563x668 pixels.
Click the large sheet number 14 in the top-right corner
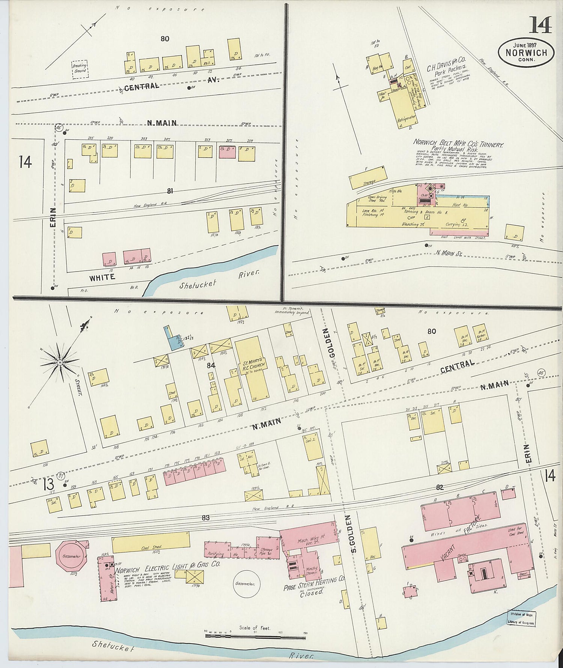click(x=540, y=25)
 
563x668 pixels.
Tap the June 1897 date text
click(x=525, y=45)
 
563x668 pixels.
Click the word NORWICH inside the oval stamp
click(x=526, y=53)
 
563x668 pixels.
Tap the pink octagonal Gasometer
click(x=71, y=556)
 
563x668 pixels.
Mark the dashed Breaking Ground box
click(x=80, y=69)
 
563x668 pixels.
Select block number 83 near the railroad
click(x=205, y=518)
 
